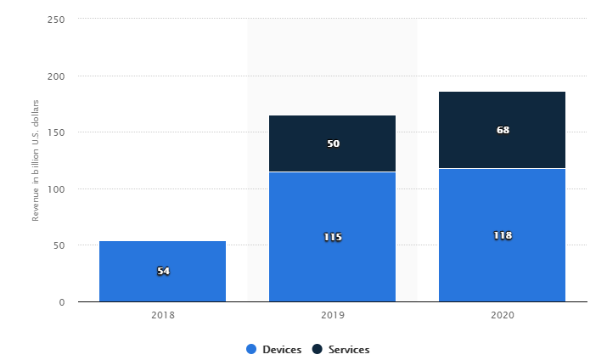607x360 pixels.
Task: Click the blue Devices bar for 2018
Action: point(162,255)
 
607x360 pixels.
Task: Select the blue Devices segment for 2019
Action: point(332,212)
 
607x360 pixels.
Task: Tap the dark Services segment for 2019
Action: point(332,127)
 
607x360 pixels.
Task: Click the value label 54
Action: point(162,271)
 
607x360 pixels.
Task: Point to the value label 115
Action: point(332,237)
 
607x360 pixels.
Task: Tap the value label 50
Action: point(332,143)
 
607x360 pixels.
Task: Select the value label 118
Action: point(502,235)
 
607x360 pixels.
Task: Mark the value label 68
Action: point(502,130)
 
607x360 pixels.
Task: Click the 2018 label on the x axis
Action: point(162,315)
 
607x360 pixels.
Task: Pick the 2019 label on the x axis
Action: point(332,315)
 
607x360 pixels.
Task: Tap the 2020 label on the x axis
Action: point(502,315)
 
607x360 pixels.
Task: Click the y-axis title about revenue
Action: point(37,160)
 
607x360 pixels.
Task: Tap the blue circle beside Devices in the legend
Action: point(251,349)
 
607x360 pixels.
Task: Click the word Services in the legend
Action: point(350,349)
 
